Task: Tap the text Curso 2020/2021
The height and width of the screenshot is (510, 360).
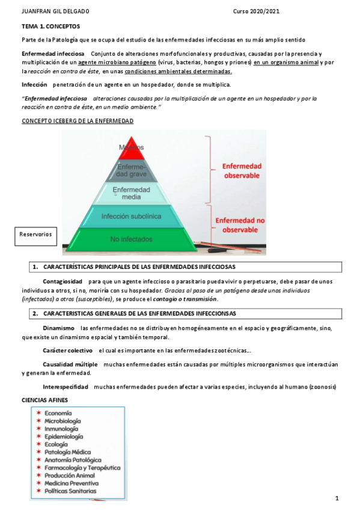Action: (x=256, y=11)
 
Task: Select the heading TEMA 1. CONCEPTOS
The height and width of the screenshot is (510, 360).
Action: (x=50, y=27)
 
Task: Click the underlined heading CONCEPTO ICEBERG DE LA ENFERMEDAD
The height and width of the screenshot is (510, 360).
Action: (x=78, y=121)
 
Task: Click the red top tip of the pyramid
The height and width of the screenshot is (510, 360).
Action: (x=131, y=147)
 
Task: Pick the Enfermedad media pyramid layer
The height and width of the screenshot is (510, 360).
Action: (x=131, y=193)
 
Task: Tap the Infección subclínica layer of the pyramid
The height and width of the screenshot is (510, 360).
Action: (x=131, y=216)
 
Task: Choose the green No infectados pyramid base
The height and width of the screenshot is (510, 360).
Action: (x=131, y=239)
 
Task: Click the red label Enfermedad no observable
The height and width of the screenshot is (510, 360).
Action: (x=240, y=225)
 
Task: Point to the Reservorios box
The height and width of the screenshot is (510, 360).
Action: (x=35, y=235)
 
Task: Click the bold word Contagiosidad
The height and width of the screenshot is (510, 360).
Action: (x=63, y=281)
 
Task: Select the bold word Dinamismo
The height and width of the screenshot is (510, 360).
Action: (x=58, y=328)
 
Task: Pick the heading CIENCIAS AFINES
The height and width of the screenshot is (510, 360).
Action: (x=45, y=400)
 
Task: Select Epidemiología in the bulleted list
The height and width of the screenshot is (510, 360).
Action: (x=64, y=437)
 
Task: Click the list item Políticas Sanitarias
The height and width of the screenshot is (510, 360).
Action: (x=70, y=491)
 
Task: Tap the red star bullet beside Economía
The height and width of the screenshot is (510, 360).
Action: (x=38, y=413)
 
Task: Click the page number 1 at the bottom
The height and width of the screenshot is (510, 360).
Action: (x=337, y=499)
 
